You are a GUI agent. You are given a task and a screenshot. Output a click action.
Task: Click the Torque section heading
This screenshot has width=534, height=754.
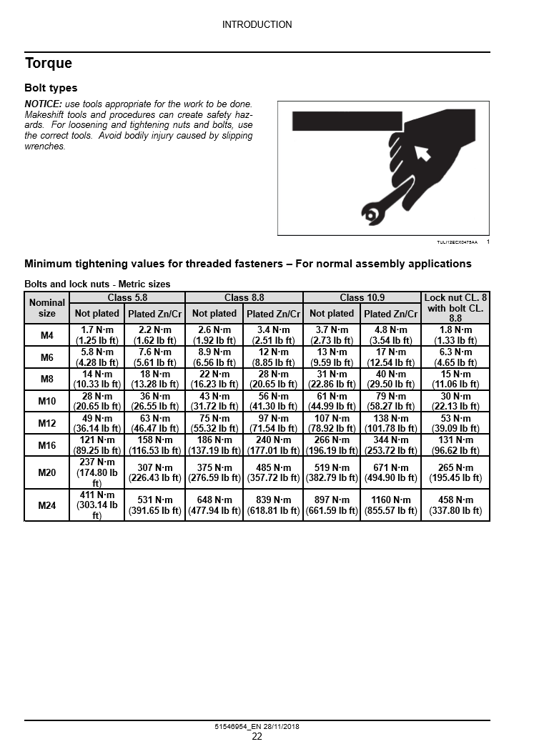point(49,63)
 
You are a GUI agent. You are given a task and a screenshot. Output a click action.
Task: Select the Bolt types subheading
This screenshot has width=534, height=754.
point(51,89)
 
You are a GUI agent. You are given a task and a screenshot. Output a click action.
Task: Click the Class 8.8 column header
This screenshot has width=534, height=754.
point(244,297)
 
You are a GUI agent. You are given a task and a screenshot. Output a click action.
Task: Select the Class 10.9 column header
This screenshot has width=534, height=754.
point(362,297)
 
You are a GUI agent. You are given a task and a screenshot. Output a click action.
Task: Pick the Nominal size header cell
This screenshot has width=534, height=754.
point(47,308)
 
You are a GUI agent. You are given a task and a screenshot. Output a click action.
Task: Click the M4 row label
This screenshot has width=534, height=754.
point(47,335)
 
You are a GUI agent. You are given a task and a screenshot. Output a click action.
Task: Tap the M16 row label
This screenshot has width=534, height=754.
point(47,445)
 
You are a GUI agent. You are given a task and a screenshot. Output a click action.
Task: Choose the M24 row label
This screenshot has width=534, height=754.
point(47,506)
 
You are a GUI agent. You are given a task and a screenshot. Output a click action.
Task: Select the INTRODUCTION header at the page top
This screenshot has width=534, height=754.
point(257,24)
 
